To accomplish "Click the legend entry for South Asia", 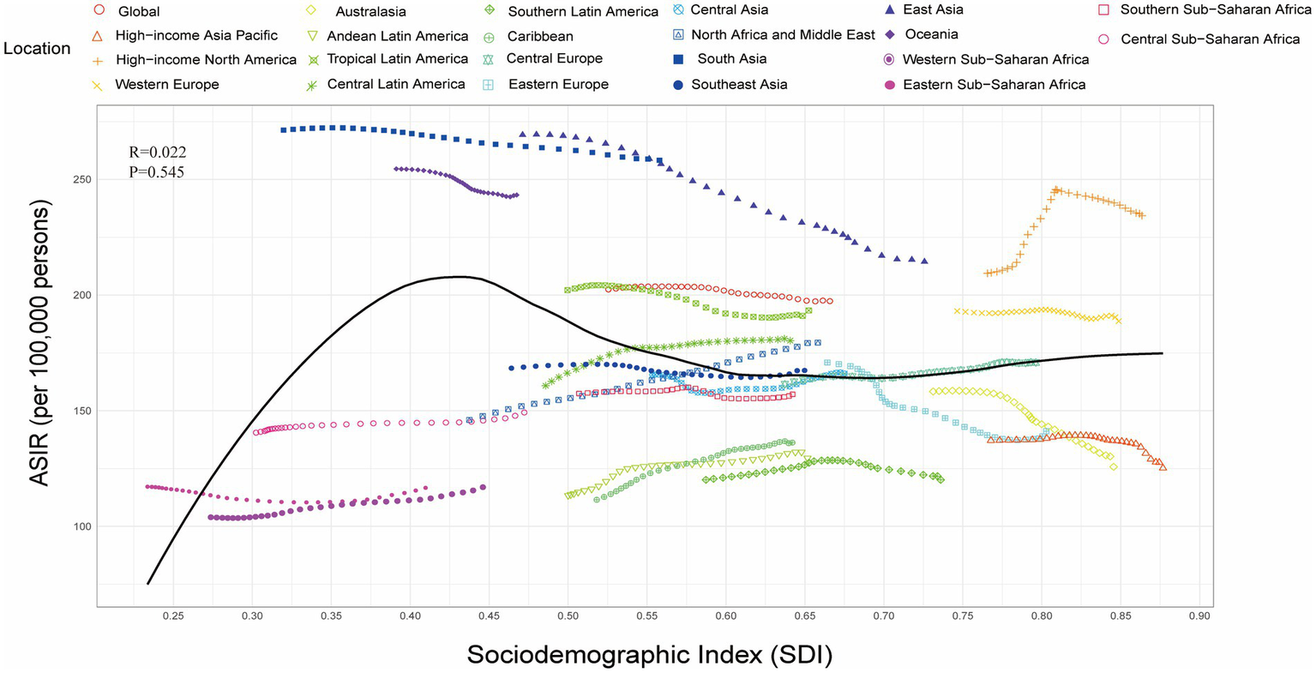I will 731,59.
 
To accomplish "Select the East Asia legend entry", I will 933,9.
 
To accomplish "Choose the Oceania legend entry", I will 930,34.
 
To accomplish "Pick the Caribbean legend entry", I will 539,37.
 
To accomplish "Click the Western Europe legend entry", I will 166,85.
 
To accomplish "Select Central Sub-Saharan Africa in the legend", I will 1210,39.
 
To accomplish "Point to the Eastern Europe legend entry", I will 557,85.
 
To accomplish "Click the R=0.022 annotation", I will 158,153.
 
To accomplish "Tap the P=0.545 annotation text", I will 157,172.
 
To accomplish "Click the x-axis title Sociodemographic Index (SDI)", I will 649,655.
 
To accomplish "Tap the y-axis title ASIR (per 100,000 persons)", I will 39,343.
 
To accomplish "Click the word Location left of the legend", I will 37,49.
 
